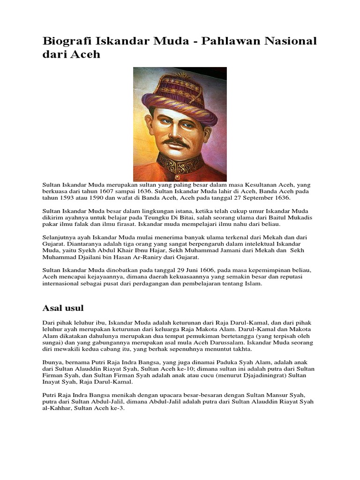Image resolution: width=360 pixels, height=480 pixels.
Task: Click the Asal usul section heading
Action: click(63, 308)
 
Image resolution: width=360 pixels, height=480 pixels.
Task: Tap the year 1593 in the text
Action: click(65, 198)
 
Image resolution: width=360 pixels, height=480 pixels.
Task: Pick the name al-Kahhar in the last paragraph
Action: click(58, 408)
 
